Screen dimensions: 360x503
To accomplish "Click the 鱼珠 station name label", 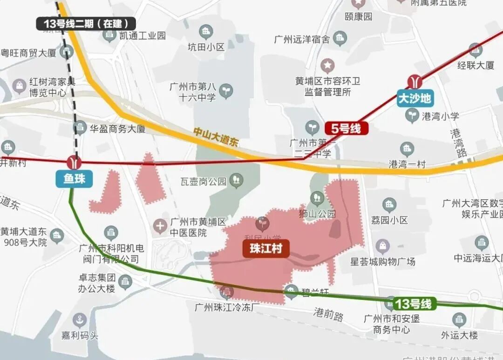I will click(x=74, y=178).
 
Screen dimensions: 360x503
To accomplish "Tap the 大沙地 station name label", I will click(x=415, y=98).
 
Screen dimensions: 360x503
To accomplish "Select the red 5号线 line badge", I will click(x=347, y=129).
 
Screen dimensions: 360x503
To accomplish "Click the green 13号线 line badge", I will click(x=413, y=304).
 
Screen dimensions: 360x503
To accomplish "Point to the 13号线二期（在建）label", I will click(x=86, y=23).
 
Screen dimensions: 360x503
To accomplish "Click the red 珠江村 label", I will click(x=266, y=248).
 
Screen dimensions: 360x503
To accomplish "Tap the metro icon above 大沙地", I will click(x=415, y=82).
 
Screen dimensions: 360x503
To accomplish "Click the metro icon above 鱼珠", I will click(x=74, y=163).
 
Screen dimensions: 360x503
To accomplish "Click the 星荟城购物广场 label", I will click(x=383, y=261).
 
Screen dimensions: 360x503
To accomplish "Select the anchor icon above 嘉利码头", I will click(x=80, y=320).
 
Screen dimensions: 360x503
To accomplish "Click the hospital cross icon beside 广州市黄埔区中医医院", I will click(x=160, y=227).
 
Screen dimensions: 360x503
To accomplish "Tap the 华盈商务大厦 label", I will click(x=117, y=129).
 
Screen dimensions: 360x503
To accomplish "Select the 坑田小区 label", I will click(x=206, y=47).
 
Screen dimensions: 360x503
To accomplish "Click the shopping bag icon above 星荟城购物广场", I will click(x=383, y=245).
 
